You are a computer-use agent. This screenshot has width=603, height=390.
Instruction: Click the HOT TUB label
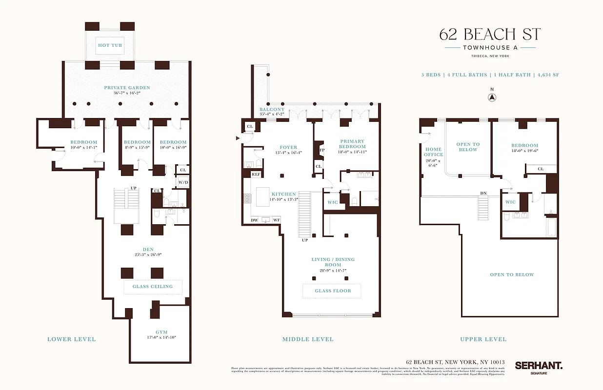click(x=110, y=45)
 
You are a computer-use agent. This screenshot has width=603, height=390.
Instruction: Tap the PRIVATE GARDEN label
click(x=127, y=88)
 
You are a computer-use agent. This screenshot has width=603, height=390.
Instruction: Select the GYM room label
click(x=161, y=332)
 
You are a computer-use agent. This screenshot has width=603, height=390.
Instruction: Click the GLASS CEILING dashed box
click(x=153, y=287)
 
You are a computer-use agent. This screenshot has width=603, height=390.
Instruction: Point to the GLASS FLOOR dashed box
click(x=332, y=291)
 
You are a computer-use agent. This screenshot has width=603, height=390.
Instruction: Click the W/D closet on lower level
click(x=183, y=183)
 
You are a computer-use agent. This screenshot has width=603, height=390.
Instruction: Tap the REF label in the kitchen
click(x=256, y=174)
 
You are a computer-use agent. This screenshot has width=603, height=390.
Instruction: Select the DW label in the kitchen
click(x=255, y=220)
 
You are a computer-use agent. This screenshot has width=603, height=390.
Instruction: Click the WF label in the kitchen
click(x=276, y=220)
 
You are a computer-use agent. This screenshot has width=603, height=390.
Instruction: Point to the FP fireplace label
click(x=321, y=150)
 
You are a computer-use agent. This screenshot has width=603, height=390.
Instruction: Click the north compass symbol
click(x=492, y=97)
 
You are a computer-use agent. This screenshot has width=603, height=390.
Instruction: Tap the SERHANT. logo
click(x=539, y=365)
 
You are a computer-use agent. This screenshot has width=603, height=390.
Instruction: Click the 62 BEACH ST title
click(x=490, y=35)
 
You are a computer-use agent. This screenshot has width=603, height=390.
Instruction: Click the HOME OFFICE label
click(x=433, y=152)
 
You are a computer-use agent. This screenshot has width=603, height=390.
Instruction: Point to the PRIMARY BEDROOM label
click(x=352, y=144)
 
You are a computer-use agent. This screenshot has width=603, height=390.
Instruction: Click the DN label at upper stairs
click(x=483, y=194)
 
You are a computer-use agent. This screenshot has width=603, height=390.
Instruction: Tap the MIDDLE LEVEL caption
click(x=308, y=339)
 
